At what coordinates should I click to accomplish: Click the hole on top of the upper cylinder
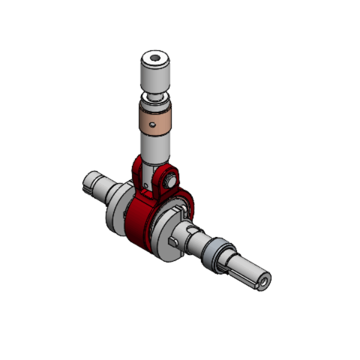click(155, 59)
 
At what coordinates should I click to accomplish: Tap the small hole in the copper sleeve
click(153, 125)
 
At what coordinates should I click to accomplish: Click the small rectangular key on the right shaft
click(175, 241)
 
